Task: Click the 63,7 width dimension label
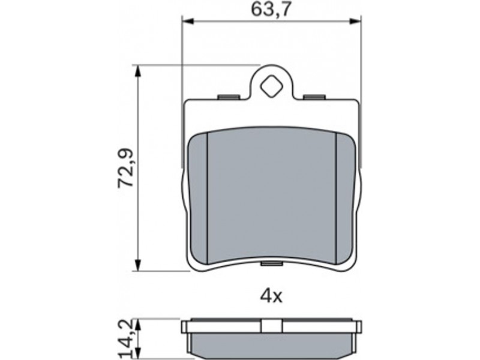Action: (x=270, y=10)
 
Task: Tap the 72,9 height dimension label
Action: (x=126, y=168)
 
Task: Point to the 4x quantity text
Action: (x=271, y=296)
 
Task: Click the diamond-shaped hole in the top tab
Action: (x=271, y=86)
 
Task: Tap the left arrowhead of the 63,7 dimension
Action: (x=188, y=21)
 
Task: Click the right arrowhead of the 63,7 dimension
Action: (x=355, y=21)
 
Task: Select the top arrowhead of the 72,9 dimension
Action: (x=138, y=71)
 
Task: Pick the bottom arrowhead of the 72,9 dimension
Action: (x=138, y=265)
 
